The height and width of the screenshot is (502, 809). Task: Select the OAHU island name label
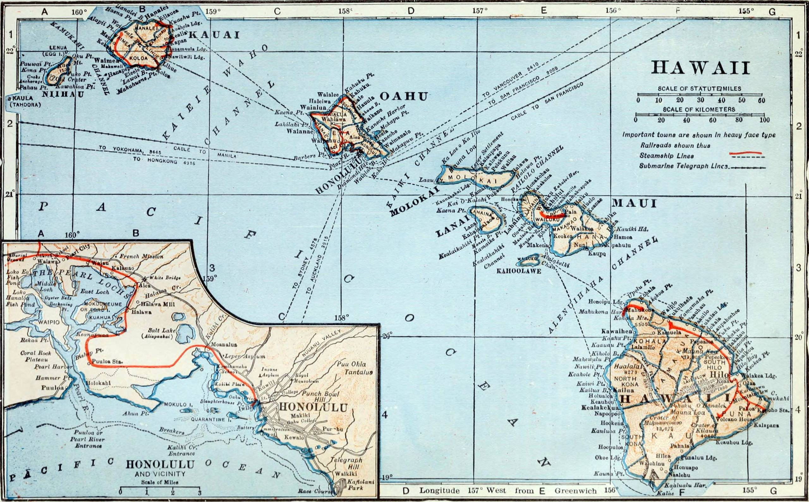coord(403,97)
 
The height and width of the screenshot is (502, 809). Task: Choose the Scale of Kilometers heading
coord(699,109)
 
